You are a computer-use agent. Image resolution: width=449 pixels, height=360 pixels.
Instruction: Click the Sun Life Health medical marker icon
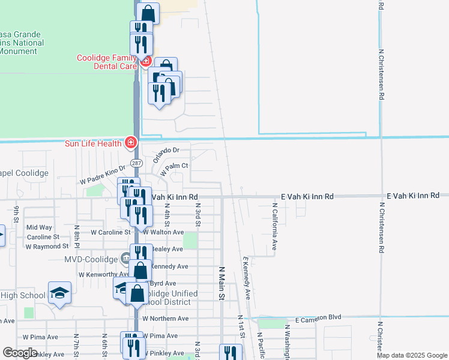pyautogui.click(x=130, y=143)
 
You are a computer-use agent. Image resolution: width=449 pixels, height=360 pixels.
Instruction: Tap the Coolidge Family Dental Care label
pyautogui.click(x=104, y=62)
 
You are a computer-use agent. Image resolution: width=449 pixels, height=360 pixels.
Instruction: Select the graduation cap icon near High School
pyautogui.click(x=59, y=293)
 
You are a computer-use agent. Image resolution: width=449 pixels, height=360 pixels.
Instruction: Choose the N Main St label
pyautogui.click(x=221, y=284)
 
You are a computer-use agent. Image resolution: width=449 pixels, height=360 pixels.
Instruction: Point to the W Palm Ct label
pyautogui.click(x=174, y=167)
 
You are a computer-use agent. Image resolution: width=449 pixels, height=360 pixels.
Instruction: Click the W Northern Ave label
pyautogui.click(x=166, y=319)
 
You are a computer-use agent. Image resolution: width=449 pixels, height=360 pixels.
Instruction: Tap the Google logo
pyautogui.click(x=20, y=353)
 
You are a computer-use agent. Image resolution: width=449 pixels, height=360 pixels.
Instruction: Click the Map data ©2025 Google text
pyautogui.click(x=412, y=355)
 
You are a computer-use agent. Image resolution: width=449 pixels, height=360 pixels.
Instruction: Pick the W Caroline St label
pyautogui.click(x=110, y=232)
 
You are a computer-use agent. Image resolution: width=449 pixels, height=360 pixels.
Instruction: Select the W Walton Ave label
pyautogui.click(x=163, y=232)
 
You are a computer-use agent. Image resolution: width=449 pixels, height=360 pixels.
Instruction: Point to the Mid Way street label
pyautogui.click(x=40, y=227)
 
